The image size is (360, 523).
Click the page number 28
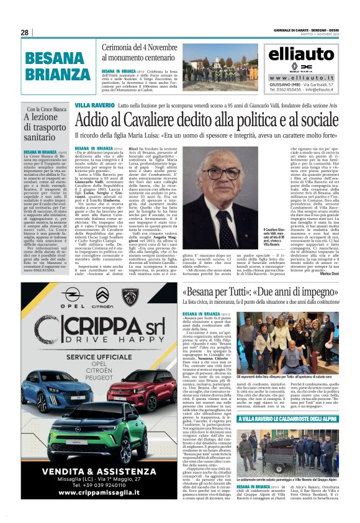[25, 32]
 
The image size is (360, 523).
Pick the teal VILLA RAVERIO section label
[94, 106]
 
